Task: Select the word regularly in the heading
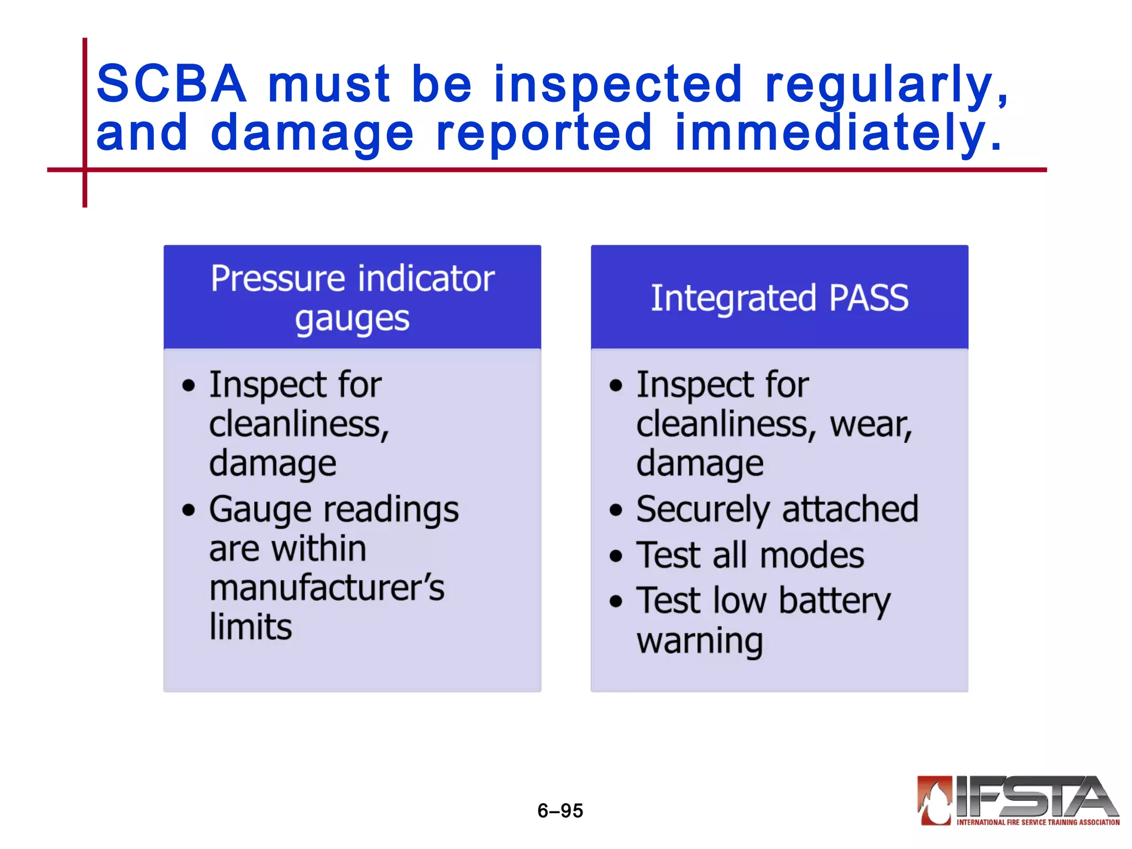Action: click(x=887, y=85)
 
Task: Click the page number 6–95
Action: click(x=560, y=810)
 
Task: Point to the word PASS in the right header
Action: click(x=868, y=298)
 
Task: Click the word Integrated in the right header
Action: click(x=733, y=298)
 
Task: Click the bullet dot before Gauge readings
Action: click(x=189, y=510)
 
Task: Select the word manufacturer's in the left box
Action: click(x=327, y=588)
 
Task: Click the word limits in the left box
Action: click(x=250, y=627)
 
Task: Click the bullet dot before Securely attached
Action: click(x=616, y=510)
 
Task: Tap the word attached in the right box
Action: click(x=850, y=509)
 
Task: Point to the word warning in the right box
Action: click(x=700, y=641)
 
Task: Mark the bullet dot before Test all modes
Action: click(x=616, y=556)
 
